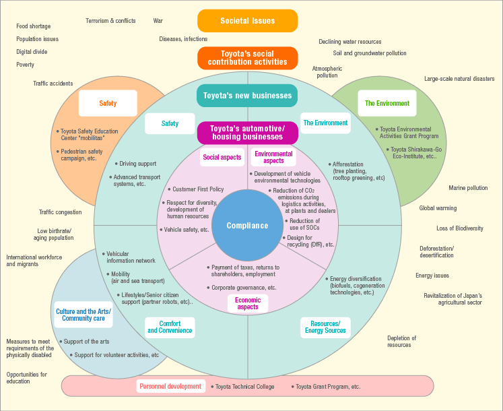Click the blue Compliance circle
pyautogui.click(x=247, y=226)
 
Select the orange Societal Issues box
pyautogui.click(x=248, y=21)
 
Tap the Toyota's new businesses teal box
pyautogui.click(x=248, y=96)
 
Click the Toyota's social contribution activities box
pyautogui.click(x=248, y=58)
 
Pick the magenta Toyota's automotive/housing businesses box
pyautogui.click(x=247, y=132)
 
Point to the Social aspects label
pyautogui.click(x=222, y=157)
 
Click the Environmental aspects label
pyautogui.click(x=273, y=157)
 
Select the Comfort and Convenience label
pyautogui.click(x=170, y=327)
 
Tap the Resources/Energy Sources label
pyautogui.click(x=325, y=327)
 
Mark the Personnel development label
pyautogui.click(x=170, y=386)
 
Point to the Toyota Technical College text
pyautogui.click(x=245, y=387)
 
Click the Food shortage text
pyautogui.click(x=34, y=26)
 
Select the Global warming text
pyautogui.click(x=438, y=209)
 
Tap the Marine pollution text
pyautogui.click(x=468, y=188)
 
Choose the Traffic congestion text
pyautogui.click(x=60, y=212)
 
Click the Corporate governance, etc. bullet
pyautogui.click(x=244, y=288)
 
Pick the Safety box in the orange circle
pyautogui.click(x=108, y=103)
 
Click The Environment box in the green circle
pyautogui.click(x=387, y=103)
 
